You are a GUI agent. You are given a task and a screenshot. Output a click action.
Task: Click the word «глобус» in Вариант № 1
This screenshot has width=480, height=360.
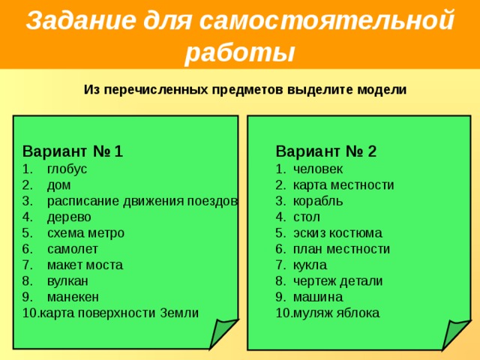pos(67,169)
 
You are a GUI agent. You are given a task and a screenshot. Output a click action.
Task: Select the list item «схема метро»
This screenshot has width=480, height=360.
pos(85,233)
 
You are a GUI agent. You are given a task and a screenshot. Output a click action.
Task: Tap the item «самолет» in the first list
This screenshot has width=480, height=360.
pos(72,249)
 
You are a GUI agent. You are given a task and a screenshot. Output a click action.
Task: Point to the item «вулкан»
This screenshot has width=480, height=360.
pos(67,281)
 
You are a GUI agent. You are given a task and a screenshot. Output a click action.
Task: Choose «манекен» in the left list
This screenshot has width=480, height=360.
pos(72,297)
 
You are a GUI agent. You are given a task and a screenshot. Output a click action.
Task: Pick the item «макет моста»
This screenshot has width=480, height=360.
pos(85,265)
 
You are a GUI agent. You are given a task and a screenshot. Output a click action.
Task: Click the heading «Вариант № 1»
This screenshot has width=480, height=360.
pos(73,151)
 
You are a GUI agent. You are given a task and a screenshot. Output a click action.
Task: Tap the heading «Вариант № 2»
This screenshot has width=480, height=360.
pos(325,151)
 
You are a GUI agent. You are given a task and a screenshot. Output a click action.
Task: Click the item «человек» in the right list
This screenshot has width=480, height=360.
pos(318,169)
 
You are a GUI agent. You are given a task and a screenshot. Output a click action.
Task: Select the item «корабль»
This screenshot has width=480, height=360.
pos(318,201)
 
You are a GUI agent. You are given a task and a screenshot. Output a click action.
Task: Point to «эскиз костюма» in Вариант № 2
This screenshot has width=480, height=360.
pos(337,233)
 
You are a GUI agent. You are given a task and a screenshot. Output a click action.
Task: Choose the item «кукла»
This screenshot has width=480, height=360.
pos(310,265)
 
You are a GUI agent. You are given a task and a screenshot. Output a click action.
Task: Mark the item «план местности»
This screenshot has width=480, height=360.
pos(342,249)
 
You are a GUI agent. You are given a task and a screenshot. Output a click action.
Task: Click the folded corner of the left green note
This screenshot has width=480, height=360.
pos(223,333)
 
